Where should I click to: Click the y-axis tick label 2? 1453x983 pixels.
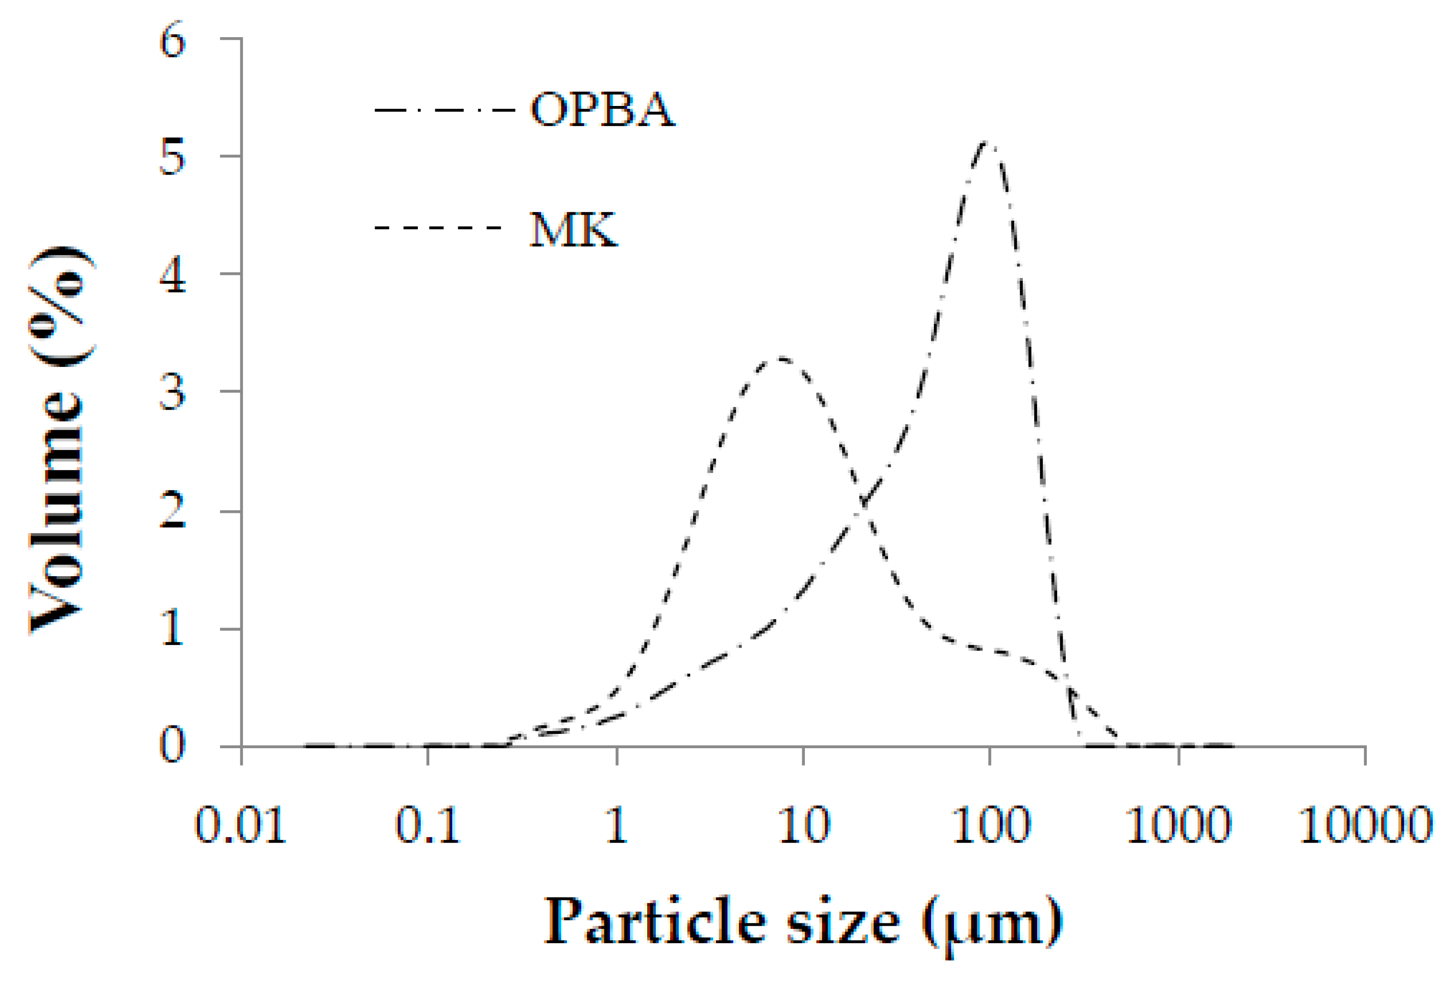coord(172,511)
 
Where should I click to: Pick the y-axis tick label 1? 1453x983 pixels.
coord(172,629)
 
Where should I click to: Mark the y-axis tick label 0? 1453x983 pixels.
coord(172,745)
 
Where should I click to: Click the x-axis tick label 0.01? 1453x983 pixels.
coord(241,825)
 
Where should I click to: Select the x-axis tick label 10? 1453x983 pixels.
coord(804,825)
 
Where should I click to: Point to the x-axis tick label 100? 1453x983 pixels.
coord(990,825)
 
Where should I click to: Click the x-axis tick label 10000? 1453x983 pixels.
coord(1365,825)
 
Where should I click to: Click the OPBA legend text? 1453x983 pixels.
coord(602,110)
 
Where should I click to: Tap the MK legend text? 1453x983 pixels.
coord(573,229)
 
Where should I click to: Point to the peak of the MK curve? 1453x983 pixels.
coord(780,358)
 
